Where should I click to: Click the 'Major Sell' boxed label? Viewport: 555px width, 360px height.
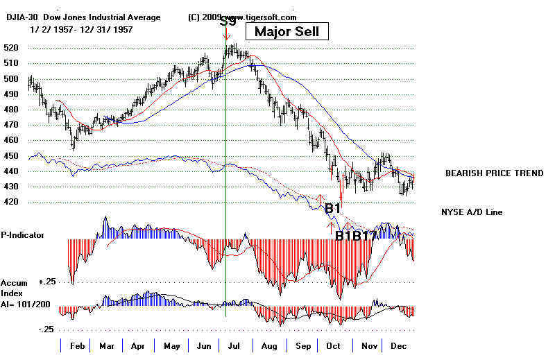pos(287,31)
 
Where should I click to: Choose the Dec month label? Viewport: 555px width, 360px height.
pos(398,345)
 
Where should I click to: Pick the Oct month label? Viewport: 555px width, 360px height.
pos(334,345)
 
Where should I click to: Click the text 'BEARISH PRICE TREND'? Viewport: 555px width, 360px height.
pos(494,173)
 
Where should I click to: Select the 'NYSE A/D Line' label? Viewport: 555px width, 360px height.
pos(472,212)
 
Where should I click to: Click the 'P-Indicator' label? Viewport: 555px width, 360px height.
pos(22,234)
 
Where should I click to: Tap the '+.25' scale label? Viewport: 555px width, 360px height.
pos(47,282)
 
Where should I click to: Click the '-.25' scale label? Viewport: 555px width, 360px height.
pos(47,329)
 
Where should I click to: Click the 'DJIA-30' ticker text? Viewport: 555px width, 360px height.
pos(24,17)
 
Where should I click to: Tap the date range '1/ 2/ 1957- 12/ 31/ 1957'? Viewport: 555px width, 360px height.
pos(81,30)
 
